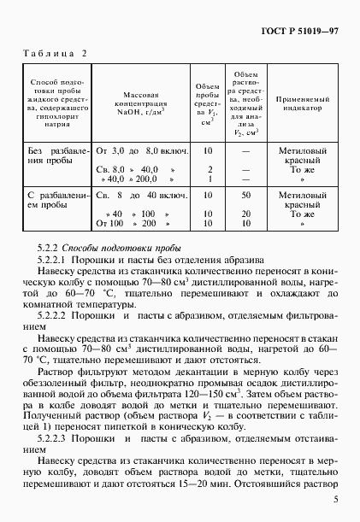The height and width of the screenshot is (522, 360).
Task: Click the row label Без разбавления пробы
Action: [54, 155]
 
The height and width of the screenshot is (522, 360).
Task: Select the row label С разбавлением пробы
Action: [54, 201]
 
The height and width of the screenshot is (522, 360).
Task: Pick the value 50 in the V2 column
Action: [245, 196]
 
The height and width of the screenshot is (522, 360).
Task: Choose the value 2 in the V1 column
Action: [208, 169]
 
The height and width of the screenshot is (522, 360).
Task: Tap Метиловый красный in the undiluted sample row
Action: [299, 155]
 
